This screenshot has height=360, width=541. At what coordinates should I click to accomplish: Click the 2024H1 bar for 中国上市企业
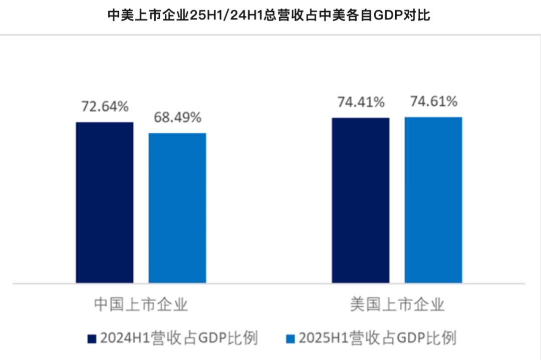click(x=105, y=202)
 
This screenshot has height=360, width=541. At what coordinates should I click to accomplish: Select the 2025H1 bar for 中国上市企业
click(x=177, y=208)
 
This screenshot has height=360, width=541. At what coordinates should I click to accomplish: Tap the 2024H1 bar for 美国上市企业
click(x=361, y=200)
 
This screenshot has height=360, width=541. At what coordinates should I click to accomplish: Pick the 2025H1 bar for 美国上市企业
click(x=433, y=200)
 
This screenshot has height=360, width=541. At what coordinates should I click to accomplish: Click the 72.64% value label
click(x=105, y=107)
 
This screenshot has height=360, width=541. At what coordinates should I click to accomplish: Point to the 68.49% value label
click(x=177, y=118)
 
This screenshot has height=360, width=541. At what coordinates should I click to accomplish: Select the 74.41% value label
click(x=361, y=103)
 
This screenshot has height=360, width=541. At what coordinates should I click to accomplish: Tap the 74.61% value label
click(x=433, y=102)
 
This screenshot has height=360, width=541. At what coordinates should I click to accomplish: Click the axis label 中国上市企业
click(x=141, y=304)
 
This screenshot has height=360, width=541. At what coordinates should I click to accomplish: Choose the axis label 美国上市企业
click(x=397, y=304)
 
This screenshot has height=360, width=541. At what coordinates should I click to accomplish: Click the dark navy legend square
click(x=91, y=338)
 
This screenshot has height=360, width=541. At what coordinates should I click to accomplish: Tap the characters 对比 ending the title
click(x=420, y=16)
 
